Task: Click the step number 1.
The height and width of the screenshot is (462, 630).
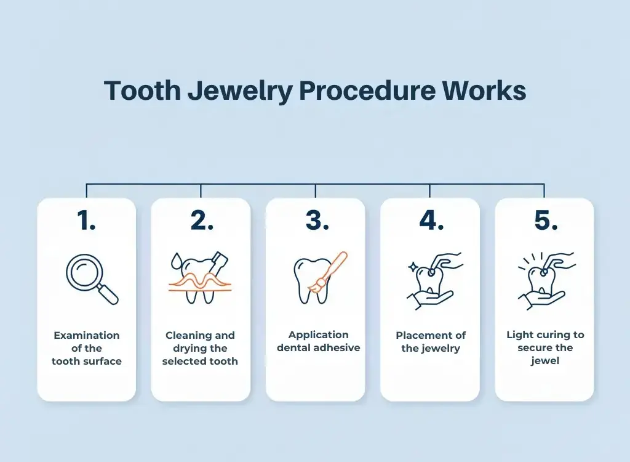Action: pos(86,221)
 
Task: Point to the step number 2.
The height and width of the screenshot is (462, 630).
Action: pos(201,221)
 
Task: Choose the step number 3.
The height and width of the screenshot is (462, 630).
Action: pos(316,221)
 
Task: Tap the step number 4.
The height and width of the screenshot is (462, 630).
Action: pos(431,221)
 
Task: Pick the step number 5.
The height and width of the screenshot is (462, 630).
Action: pos(545,221)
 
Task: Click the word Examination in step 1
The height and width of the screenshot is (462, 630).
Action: pos(87,336)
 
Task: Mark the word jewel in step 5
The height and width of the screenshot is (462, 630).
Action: pos(545,360)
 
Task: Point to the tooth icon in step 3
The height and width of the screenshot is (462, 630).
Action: pos(307,280)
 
